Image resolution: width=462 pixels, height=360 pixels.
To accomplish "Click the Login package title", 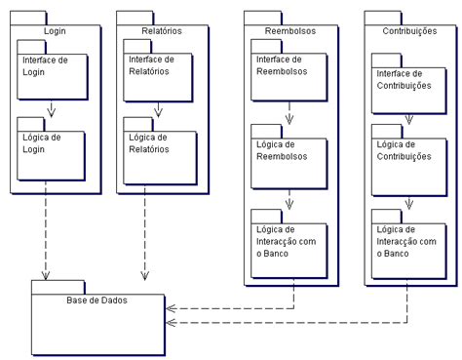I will coord(56,31).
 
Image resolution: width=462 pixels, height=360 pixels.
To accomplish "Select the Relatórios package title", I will coord(161,31).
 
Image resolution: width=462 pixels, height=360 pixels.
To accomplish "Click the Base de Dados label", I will coord(96,300).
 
